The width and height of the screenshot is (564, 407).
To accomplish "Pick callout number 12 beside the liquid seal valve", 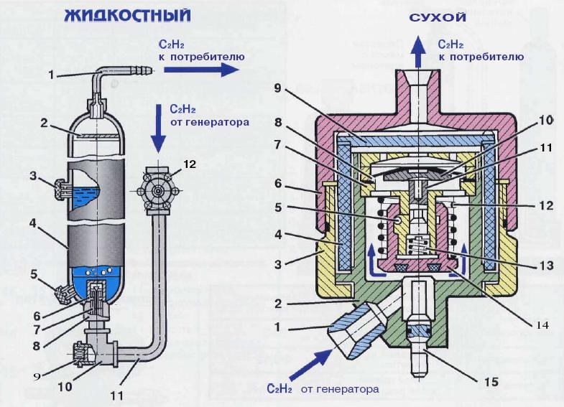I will click(189, 164).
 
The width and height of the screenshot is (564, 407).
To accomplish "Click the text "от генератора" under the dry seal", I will click(339, 390).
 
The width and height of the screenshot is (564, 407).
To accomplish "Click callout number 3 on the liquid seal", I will click(34, 175).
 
